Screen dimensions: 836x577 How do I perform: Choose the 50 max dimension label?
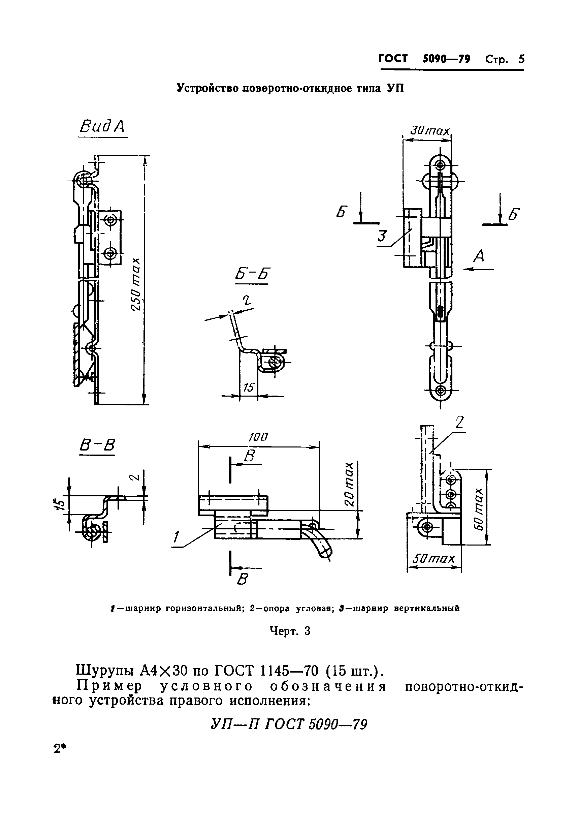click(433, 559)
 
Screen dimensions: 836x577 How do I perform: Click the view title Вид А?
click(102, 127)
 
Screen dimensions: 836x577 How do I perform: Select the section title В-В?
click(97, 445)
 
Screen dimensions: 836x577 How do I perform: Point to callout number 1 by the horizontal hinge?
click(176, 537)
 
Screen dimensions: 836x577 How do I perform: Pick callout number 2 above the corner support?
click(459, 422)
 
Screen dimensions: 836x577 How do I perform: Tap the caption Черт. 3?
click(290, 631)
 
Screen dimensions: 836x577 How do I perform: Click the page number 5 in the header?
click(521, 59)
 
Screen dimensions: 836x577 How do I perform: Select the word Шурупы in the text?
click(105, 671)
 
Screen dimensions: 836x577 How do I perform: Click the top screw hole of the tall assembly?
click(440, 165)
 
